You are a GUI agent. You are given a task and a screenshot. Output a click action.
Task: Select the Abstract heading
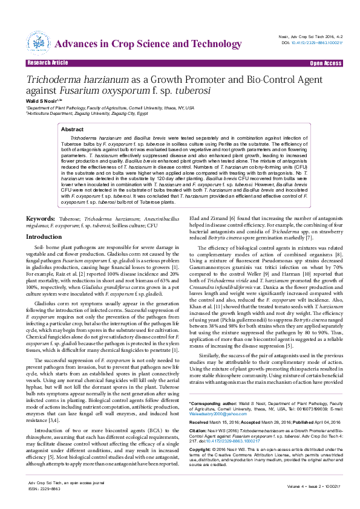(73, 129)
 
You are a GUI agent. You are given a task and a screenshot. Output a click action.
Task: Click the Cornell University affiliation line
(110, 107)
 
